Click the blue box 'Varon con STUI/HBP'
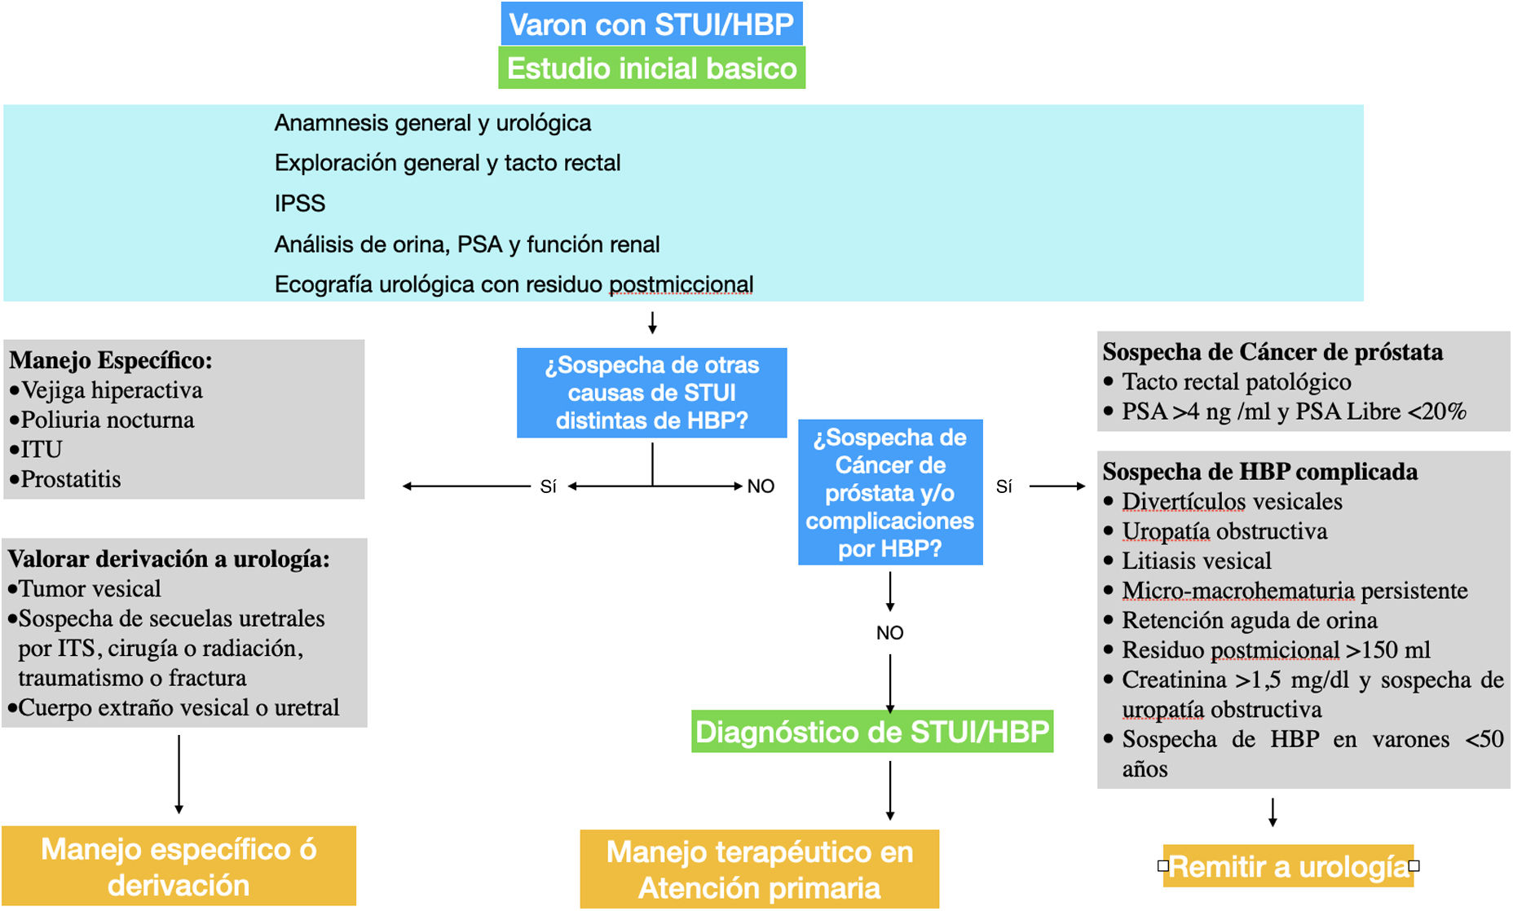click(651, 24)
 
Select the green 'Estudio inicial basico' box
click(651, 68)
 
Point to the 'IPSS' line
click(300, 203)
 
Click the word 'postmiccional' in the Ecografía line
click(681, 284)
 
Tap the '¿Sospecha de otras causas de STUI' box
click(651, 393)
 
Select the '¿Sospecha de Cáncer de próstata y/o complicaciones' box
click(889, 492)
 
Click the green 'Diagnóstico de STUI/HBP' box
click(871, 732)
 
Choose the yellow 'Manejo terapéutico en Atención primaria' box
click(759, 869)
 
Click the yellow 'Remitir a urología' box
click(1287, 866)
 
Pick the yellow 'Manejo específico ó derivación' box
click(179, 866)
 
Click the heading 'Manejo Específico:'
click(111, 360)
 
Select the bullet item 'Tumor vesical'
click(90, 588)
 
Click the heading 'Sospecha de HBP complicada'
click(1259, 472)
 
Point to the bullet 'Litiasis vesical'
click(1196, 561)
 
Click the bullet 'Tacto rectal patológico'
click(1236, 381)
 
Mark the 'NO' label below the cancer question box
click(889, 632)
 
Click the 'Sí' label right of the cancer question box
click(1004, 486)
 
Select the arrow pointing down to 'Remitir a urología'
click(1273, 812)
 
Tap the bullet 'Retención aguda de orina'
click(1249, 620)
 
